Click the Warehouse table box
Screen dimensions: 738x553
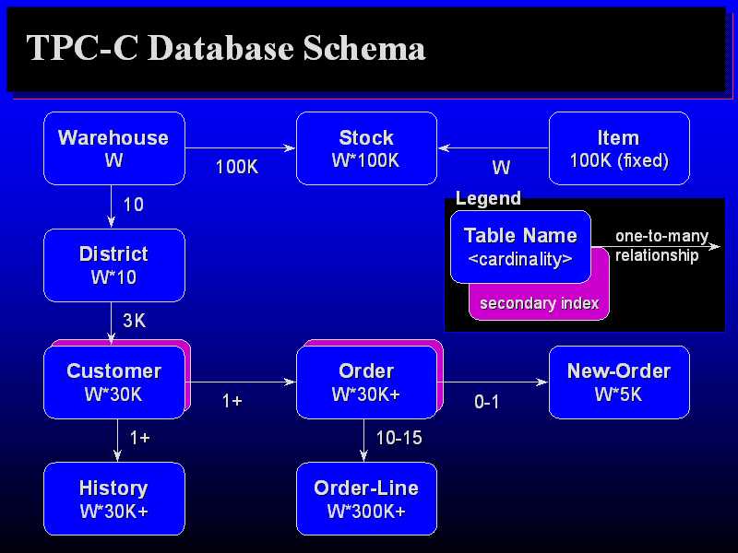click(114, 148)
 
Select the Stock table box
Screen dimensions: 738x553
click(366, 148)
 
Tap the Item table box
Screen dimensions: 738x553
click(619, 148)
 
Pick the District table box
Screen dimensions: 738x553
click(114, 265)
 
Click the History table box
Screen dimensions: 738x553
click(114, 499)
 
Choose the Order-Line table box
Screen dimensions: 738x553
click(366, 499)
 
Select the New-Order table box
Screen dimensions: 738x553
click(619, 382)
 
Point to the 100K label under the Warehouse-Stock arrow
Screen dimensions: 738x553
click(237, 167)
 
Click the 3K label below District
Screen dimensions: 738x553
click(134, 321)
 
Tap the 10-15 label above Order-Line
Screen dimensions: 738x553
click(399, 438)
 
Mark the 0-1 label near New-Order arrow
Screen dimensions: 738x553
click(487, 402)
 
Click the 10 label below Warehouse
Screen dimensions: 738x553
click(133, 205)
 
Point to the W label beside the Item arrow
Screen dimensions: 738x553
click(501, 168)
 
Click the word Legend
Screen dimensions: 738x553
click(488, 198)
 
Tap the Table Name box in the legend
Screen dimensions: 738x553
click(520, 247)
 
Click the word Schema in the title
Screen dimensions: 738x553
click(363, 48)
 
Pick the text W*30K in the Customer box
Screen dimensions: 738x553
click(113, 394)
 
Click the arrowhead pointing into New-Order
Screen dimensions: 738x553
click(542, 382)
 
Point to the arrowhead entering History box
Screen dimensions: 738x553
click(117, 455)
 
